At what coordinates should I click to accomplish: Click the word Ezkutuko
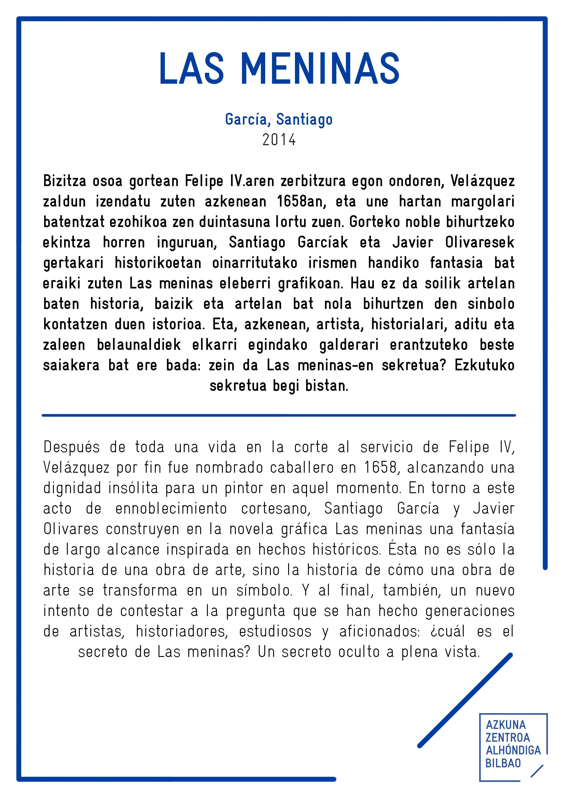coord(484,365)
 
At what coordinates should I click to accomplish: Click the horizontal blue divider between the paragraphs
coord(279,415)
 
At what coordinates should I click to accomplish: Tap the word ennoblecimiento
coord(171,509)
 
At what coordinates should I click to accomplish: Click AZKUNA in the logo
coord(506,725)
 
